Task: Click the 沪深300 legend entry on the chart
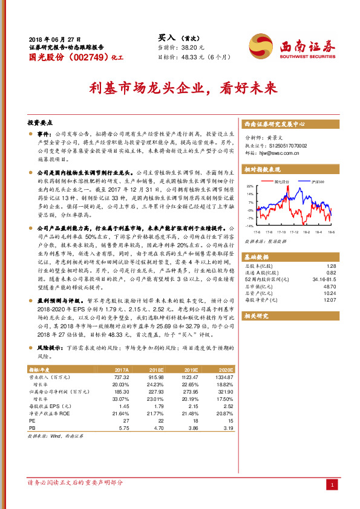tap(318, 181)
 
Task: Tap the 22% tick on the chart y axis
tap(249, 187)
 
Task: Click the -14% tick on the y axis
tap(249, 225)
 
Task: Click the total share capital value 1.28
tap(330, 265)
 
